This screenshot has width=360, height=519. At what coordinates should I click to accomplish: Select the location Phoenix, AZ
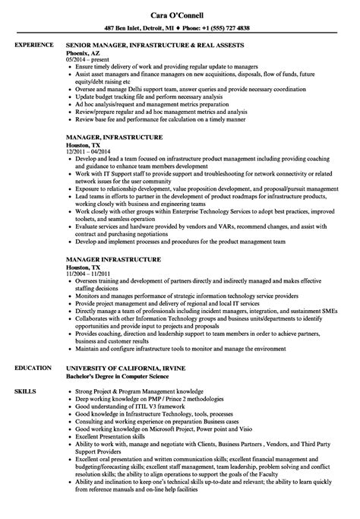click(86, 54)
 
